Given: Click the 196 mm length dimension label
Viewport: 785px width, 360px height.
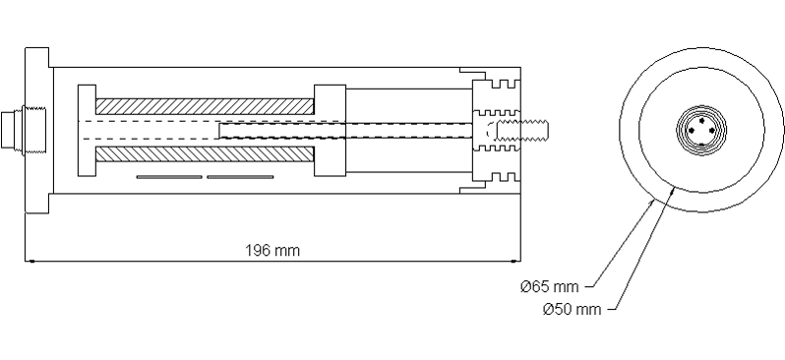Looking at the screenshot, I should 272,250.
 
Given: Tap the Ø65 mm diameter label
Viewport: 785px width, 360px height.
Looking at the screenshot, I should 550,286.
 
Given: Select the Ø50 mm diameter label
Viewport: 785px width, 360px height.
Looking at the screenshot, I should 572,310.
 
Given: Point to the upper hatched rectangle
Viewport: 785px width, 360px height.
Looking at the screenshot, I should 204,105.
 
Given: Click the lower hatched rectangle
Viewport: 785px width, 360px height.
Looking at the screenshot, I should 204,154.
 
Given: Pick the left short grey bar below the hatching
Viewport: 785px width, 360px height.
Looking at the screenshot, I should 169,178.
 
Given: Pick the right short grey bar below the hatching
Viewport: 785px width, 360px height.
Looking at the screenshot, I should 240,178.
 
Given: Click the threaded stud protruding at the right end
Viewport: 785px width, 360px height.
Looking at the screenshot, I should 525,130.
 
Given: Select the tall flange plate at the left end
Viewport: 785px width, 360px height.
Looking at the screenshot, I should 36,131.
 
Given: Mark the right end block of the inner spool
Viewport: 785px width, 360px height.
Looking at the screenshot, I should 330,130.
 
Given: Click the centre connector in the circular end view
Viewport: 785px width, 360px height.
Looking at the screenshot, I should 699,130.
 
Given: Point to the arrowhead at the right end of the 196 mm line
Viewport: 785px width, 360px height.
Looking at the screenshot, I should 514,261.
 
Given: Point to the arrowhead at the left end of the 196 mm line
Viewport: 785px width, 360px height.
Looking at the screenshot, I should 30,261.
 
